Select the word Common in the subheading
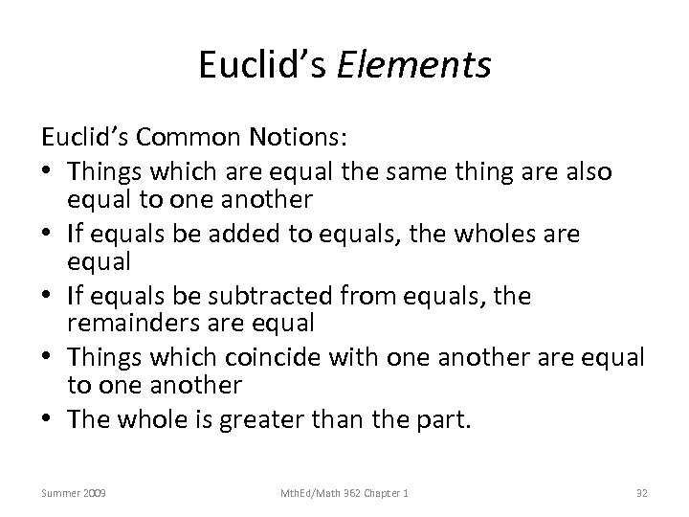pyautogui.click(x=189, y=138)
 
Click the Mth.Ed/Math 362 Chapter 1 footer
pyautogui.click(x=344, y=492)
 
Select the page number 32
pyautogui.click(x=642, y=492)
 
